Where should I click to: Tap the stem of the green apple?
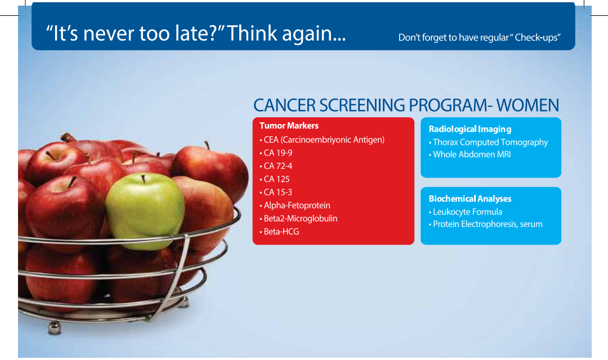(143, 179)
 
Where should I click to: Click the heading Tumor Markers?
(289, 126)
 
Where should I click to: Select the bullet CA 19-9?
(276, 153)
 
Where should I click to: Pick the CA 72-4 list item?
(276, 166)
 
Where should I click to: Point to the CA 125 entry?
(275, 179)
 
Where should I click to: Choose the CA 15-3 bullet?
(276, 193)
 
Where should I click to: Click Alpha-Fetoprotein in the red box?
(294, 206)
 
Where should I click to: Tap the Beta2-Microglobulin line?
(298, 219)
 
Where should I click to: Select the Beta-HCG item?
(279, 232)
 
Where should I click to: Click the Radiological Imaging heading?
(470, 129)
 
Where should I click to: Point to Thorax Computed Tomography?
(488, 143)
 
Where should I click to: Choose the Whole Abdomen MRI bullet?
(470, 154)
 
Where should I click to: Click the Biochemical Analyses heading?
(470, 199)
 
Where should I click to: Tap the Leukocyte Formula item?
(466, 212)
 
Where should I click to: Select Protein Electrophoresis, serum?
(485, 224)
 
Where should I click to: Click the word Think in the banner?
(252, 33)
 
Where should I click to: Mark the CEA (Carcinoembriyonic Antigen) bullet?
(322, 140)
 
